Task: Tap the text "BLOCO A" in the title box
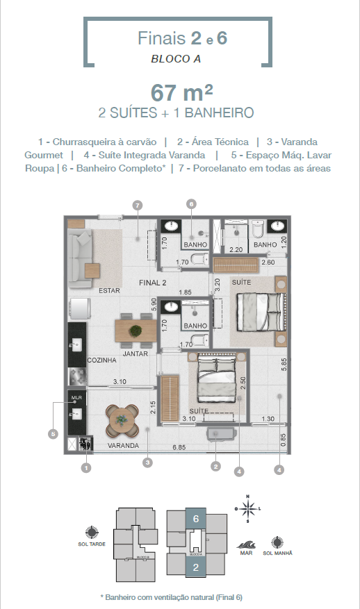[176, 59]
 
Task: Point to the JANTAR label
[136, 353]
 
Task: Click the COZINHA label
[101, 361]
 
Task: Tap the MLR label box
[76, 398]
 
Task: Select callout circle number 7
[138, 205]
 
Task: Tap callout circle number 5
[52, 434]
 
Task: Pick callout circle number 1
[85, 468]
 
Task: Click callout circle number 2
[215, 466]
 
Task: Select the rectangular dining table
[136, 329]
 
